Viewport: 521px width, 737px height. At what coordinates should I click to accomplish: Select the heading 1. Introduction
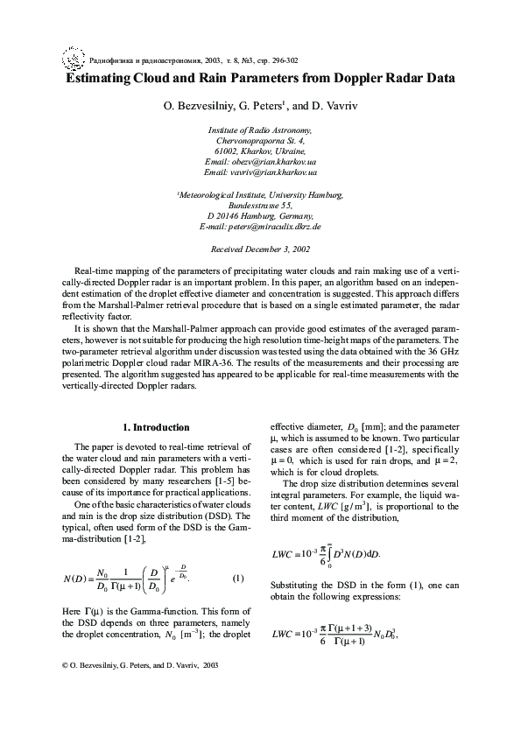pyautogui.click(x=155, y=427)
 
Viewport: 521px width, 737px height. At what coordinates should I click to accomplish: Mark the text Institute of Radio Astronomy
pyautogui.click(x=260, y=129)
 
